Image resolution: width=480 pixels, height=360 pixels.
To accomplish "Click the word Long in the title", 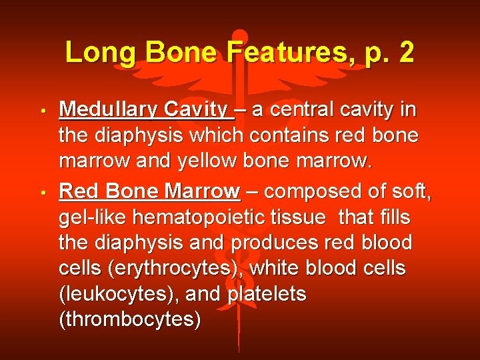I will tap(99, 52).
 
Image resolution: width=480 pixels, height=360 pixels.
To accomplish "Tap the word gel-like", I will tap(95, 218).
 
